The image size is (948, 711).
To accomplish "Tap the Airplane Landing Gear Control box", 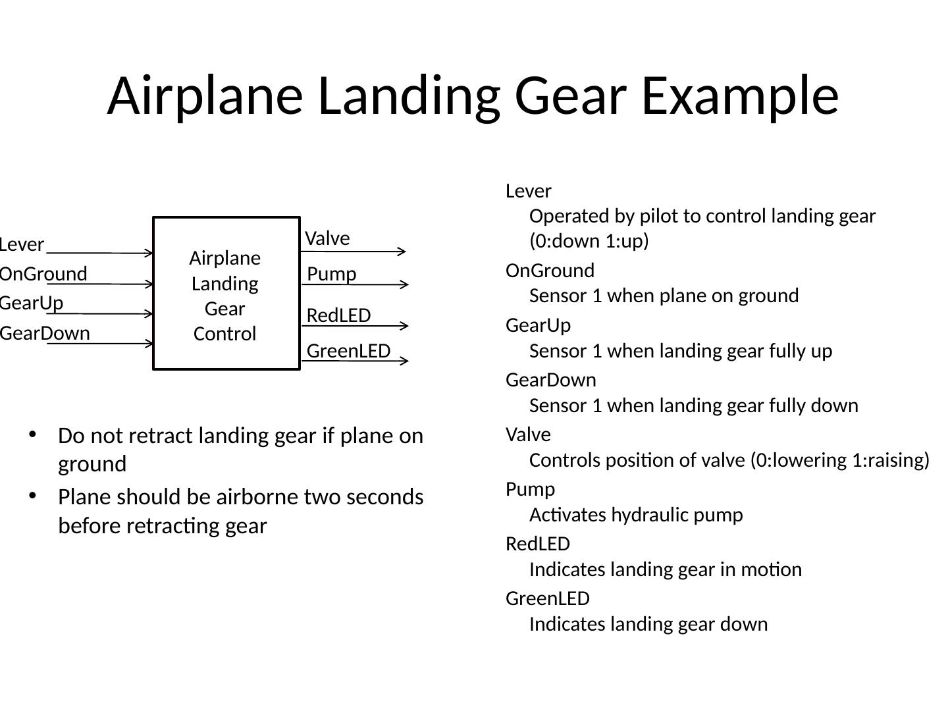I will click(x=226, y=294).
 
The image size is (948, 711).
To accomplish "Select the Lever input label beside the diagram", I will click(x=22, y=245).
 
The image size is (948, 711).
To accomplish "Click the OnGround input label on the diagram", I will click(x=43, y=274).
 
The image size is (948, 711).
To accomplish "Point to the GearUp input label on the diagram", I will click(x=32, y=303).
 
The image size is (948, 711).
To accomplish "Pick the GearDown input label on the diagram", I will click(x=45, y=333).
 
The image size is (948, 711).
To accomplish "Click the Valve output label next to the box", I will click(x=327, y=238).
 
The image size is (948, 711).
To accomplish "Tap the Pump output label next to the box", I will click(x=332, y=274).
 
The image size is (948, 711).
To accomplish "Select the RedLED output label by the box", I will click(x=338, y=316).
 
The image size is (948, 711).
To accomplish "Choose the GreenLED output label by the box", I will click(x=349, y=351).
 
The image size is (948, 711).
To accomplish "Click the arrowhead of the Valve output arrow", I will click(x=402, y=251).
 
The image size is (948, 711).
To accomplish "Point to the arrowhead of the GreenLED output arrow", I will click(x=404, y=361).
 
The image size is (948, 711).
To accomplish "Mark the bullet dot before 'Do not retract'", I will click(x=32, y=434).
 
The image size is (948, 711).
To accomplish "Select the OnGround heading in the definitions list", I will click(x=550, y=271).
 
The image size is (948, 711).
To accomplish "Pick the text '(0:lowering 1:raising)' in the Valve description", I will click(x=839, y=460).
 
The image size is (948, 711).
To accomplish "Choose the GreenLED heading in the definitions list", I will click(x=547, y=598).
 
